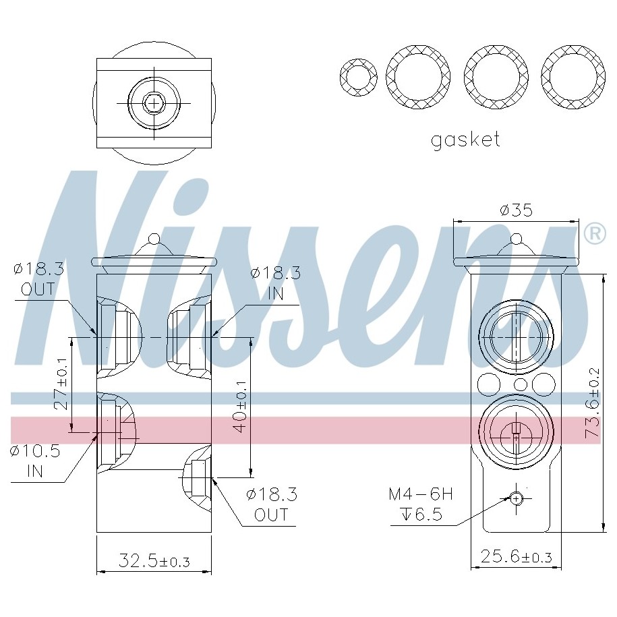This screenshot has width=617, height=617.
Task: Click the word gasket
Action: coord(465,140)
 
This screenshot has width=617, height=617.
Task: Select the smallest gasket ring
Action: coord(358,77)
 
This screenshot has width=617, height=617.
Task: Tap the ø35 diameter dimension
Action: coord(516,210)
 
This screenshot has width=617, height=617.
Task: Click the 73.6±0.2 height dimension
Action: coord(593,404)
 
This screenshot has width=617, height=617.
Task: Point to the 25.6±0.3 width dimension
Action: coord(516,557)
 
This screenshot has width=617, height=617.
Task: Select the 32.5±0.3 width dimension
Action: coord(154,560)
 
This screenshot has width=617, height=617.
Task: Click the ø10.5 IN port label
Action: coord(35,460)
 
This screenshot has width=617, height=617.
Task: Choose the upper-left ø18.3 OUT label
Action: coord(38,279)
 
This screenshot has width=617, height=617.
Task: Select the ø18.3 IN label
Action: coord(275,283)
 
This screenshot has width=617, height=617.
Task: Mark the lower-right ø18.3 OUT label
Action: coord(272,504)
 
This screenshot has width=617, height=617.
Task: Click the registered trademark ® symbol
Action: coord(593,233)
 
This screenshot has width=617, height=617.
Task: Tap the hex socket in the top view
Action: coord(154,102)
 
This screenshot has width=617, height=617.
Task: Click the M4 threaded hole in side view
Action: coord(516,498)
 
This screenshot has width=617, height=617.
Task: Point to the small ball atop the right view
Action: coord(516,239)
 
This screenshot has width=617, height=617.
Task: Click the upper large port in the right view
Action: coord(515,335)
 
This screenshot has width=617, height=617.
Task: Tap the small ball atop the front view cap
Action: coord(154,239)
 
